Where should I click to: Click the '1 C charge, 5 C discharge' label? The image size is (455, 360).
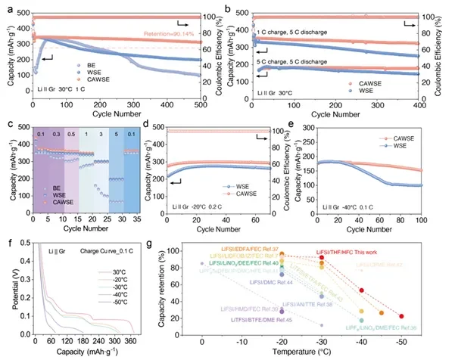[x=286, y=33]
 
